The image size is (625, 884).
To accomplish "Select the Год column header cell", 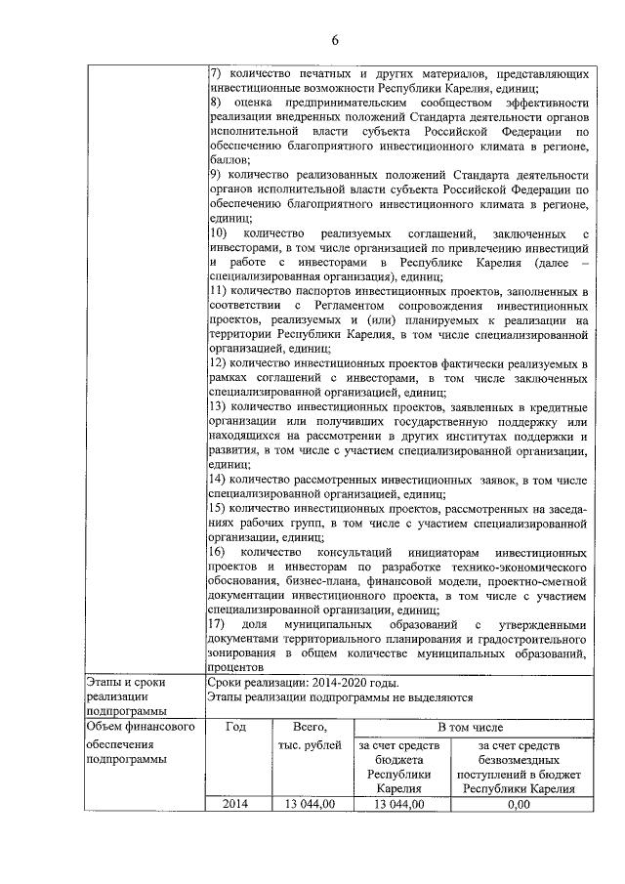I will [235, 728].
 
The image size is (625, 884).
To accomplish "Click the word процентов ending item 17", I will [240, 668].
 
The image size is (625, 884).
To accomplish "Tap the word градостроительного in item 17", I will [527, 638].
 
